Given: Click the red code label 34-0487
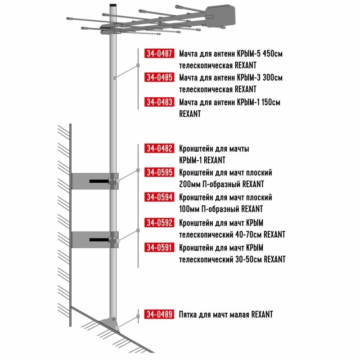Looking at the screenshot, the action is pos(159,53).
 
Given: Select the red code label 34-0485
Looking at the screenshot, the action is pos(159,77).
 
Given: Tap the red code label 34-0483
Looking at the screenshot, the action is pos(159,102).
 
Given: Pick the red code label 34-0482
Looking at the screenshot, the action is pos(159,148).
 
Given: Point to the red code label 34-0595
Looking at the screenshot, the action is pos(159,172).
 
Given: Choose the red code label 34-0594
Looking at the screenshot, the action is pos(159,197).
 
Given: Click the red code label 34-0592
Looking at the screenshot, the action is pos(159,222).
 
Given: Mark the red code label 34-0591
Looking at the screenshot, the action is pos(159,247).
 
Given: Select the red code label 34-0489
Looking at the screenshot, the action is pos(159,314).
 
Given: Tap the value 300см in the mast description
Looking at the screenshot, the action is pos(273,77).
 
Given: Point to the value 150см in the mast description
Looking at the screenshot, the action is pos(271,102).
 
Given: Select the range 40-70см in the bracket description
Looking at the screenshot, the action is pos(249,234).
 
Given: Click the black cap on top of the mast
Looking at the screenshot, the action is pos(113,5).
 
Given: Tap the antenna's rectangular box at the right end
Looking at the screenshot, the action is pos(220,16).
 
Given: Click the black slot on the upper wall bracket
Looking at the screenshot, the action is pos(99,181).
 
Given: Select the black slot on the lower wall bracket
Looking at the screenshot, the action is pos(99,240).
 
